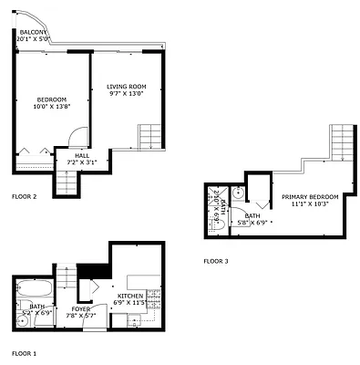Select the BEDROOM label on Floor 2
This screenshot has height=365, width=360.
[x=51, y=99]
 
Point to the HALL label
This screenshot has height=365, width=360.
[x=68, y=156]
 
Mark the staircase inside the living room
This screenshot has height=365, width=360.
[x=151, y=136]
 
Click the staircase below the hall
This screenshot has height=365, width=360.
[x=67, y=182]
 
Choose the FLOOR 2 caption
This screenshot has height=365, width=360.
[x=24, y=197]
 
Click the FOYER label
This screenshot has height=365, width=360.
[x=81, y=308]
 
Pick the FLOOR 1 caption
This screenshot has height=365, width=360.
[x=24, y=352]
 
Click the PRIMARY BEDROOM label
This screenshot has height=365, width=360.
[x=310, y=197]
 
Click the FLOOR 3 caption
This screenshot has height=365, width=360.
[x=216, y=260]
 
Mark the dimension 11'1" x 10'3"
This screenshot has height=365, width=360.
[x=310, y=204]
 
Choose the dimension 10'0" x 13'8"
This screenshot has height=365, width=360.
[x=51, y=107]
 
